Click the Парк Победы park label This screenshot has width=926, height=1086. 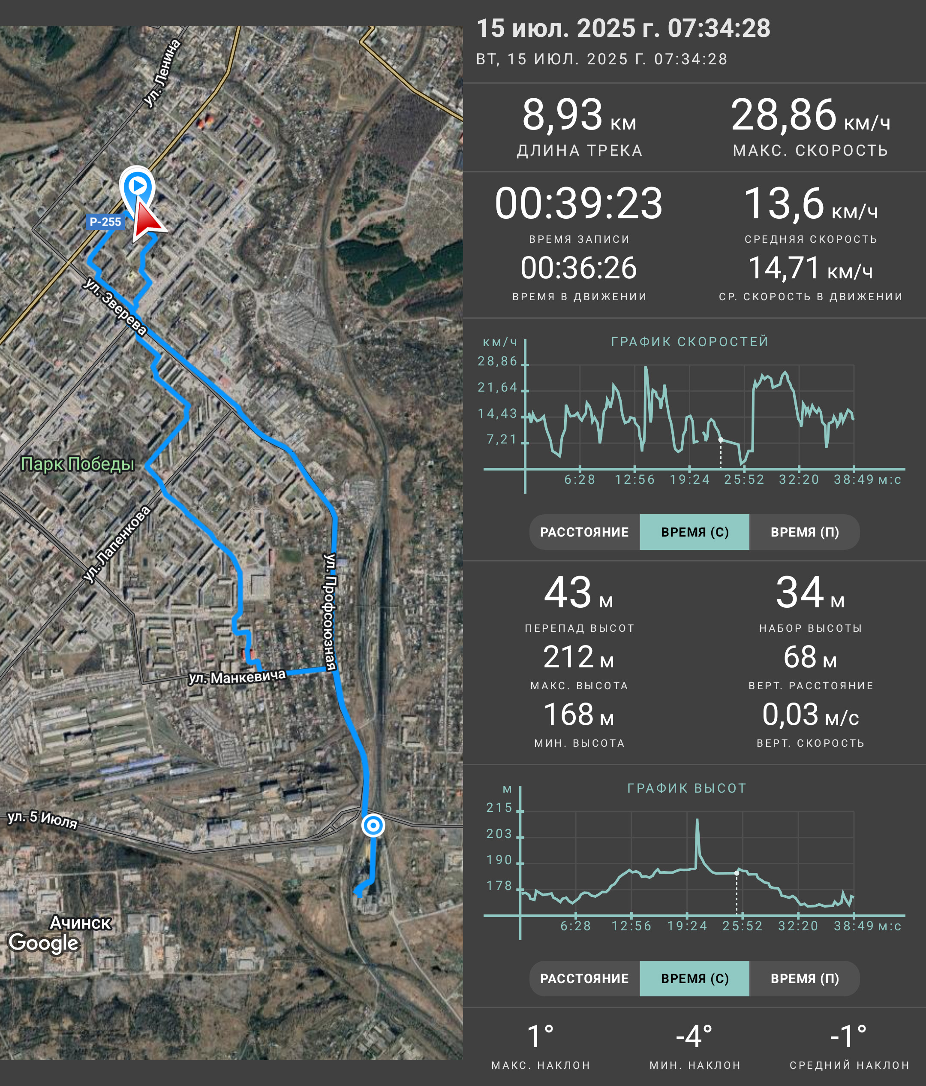(78, 464)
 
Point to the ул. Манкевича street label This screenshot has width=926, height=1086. (237, 677)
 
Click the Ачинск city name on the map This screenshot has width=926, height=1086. (80, 922)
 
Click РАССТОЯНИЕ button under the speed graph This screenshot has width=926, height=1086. (584, 532)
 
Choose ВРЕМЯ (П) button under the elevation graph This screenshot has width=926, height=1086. (805, 978)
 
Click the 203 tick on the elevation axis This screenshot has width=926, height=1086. (499, 833)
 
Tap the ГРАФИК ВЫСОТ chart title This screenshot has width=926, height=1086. (687, 788)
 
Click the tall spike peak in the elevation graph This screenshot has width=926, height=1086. (697, 819)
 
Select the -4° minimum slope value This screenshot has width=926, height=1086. (694, 1036)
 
